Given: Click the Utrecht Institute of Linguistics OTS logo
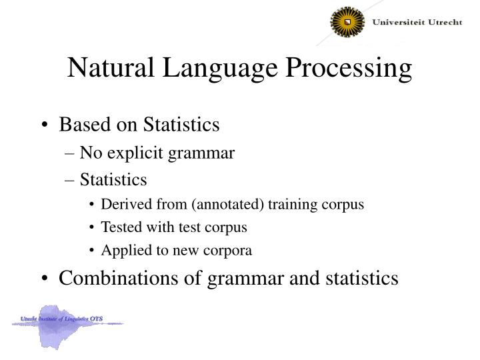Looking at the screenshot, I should (x=67, y=323).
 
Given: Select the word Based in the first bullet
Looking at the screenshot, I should (x=82, y=125).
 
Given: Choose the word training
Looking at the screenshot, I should (x=290, y=205).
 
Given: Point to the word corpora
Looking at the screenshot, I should (x=229, y=251).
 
